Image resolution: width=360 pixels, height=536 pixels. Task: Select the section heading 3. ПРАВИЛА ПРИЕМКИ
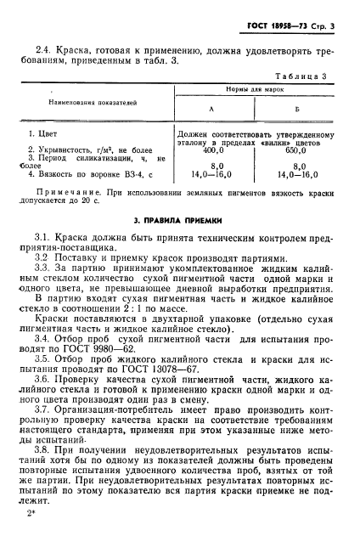(x=179, y=221)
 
